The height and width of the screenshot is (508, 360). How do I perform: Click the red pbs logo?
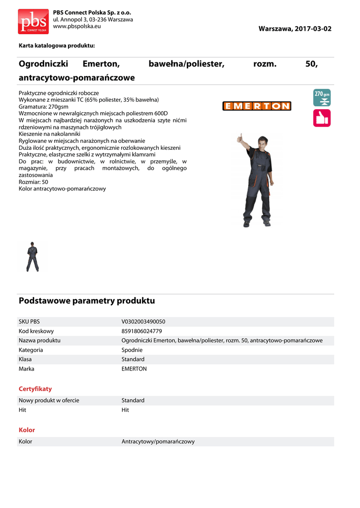tap(33, 21)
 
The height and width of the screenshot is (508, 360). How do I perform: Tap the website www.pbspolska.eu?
tap(77, 26)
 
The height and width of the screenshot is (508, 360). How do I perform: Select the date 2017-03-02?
tap(313, 29)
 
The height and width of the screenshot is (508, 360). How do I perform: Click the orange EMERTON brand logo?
tap(257, 106)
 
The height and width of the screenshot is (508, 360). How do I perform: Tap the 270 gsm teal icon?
tap(322, 98)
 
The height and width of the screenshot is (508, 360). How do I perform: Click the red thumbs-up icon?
tap(322, 118)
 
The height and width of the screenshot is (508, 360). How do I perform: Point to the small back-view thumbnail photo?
tap(33, 256)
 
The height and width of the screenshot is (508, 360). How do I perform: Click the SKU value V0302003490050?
tap(144, 321)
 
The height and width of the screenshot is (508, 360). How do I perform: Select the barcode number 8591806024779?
tap(142, 331)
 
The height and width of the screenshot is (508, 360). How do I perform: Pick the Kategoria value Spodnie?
tap(132, 350)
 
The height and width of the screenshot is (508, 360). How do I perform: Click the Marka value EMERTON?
tap(134, 369)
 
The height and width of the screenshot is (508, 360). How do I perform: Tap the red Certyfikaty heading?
tap(35, 389)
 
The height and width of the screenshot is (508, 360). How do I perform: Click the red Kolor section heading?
tap(27, 430)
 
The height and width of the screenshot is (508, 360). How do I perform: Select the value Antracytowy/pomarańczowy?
tap(158, 442)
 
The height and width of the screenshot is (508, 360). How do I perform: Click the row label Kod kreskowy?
tap(36, 331)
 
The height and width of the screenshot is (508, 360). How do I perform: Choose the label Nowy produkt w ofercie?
tap(49, 400)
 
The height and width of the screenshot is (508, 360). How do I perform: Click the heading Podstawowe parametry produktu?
tap(87, 301)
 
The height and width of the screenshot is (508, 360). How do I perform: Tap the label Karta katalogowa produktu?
tap(57, 46)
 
